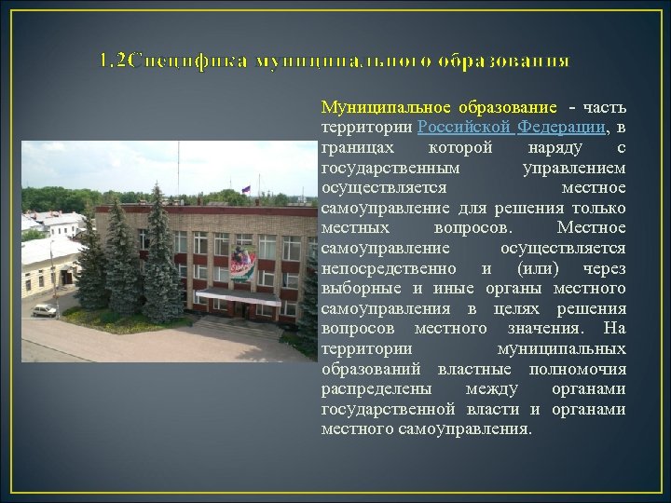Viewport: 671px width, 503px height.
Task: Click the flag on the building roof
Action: (247, 189)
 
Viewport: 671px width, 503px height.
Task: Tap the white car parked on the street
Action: (44, 310)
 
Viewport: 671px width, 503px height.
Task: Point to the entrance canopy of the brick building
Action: (238, 297)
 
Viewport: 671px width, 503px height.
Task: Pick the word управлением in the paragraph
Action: (574, 169)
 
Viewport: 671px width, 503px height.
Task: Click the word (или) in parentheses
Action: (527, 269)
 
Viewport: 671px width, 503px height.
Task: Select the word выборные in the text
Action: (355, 289)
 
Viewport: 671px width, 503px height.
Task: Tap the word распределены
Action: (367, 389)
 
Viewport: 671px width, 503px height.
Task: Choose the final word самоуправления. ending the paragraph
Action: (465, 429)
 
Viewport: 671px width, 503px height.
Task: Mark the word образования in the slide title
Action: (511, 61)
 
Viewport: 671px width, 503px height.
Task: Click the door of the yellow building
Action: (65, 278)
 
